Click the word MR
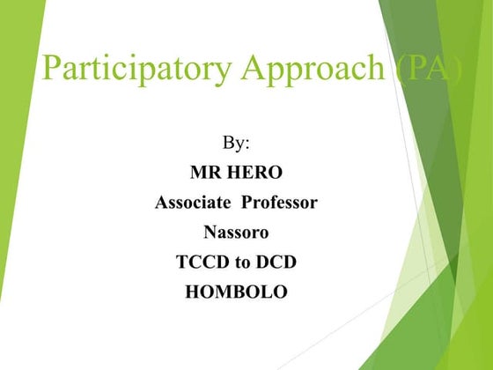tap(206, 173)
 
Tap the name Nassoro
tap(236, 233)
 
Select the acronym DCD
tap(273, 263)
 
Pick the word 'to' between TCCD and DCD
tap(239, 263)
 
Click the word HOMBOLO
tap(236, 292)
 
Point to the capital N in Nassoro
tap(210, 233)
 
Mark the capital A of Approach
tap(247, 68)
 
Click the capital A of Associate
tap(162, 203)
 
